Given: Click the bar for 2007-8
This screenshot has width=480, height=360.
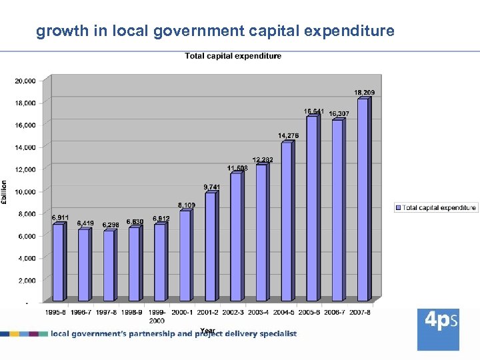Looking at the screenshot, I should click(363, 200).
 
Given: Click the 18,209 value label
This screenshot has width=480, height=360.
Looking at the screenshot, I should click(364, 92).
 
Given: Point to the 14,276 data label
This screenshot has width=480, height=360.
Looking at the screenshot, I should click(288, 135).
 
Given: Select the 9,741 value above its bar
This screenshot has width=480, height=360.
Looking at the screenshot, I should click(211, 187).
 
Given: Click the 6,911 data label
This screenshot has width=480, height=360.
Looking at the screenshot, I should click(60, 217).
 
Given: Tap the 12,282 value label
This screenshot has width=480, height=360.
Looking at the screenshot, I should click(263, 159).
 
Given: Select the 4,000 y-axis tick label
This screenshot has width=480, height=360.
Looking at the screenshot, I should click(27, 258).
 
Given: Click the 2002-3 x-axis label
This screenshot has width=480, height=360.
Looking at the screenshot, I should click(233, 312).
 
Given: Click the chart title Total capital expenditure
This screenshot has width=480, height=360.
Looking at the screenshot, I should click(233, 56).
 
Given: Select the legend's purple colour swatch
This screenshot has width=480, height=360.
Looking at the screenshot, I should click(399, 208).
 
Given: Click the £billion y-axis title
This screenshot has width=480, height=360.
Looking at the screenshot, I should click(5, 192).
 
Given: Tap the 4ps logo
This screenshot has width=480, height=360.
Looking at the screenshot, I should click(438, 329).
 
